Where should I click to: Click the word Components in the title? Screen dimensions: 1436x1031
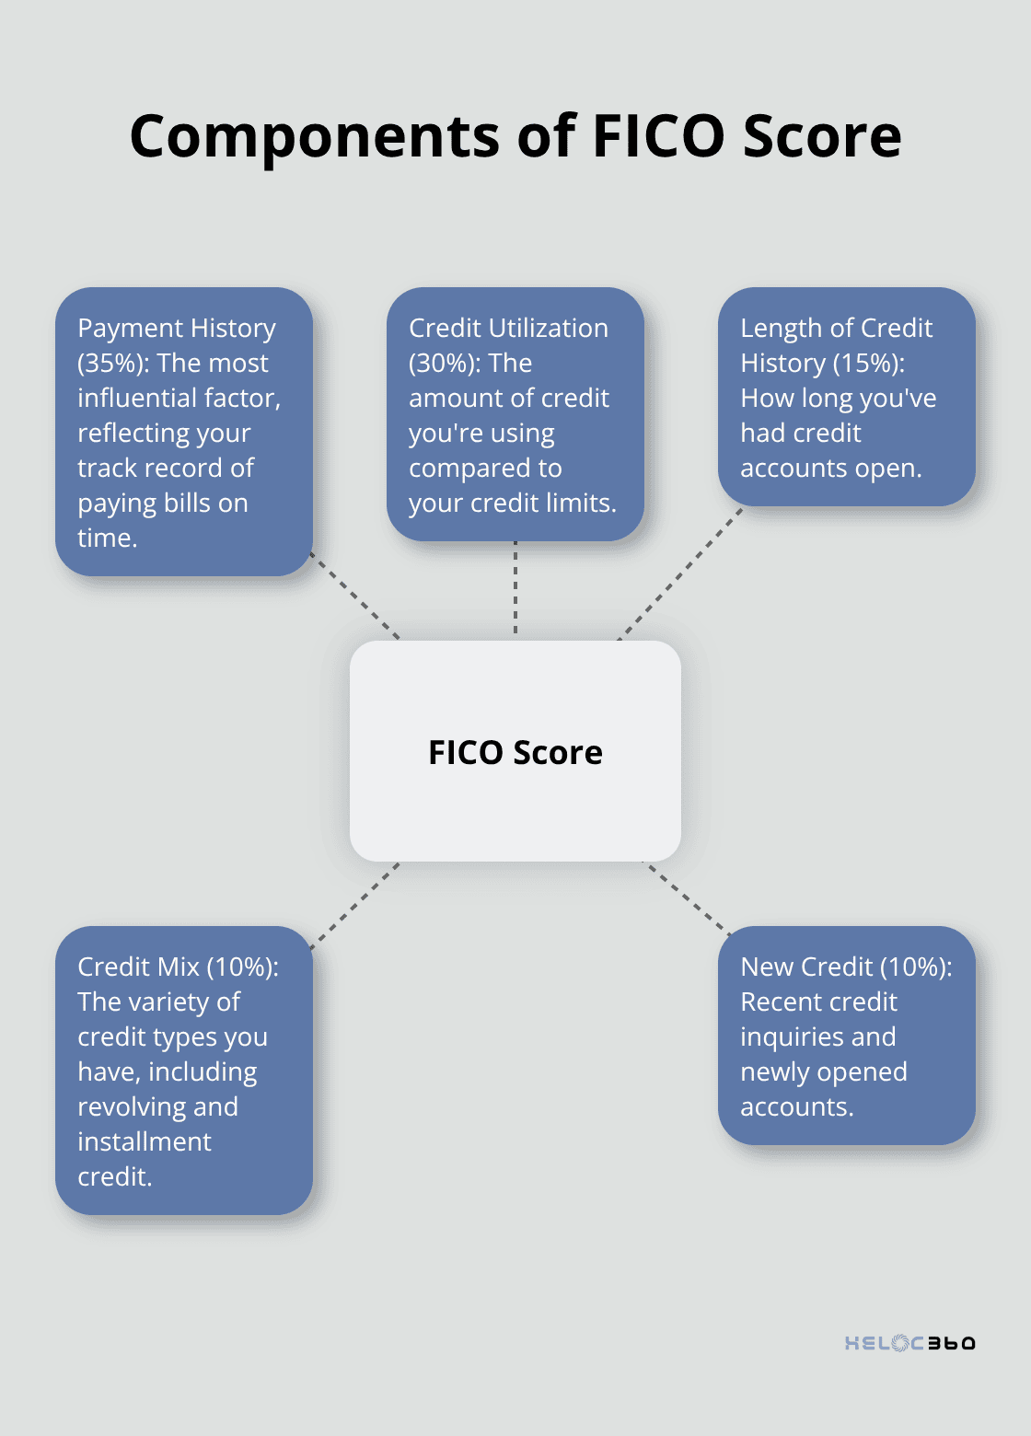pyautogui.click(x=316, y=136)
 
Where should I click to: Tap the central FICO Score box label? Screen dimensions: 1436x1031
pyautogui.click(x=515, y=752)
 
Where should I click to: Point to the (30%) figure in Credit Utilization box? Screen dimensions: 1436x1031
pyautogui.click(x=445, y=364)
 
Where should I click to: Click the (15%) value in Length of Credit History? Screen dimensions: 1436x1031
pyautogui.click(x=868, y=364)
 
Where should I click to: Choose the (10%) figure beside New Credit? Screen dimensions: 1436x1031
pyautogui.click(x=916, y=967)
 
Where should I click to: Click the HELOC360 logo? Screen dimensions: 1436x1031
pyautogui.click(x=909, y=1343)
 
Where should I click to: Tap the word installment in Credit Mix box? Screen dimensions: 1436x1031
pyautogui.click(x=145, y=1142)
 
